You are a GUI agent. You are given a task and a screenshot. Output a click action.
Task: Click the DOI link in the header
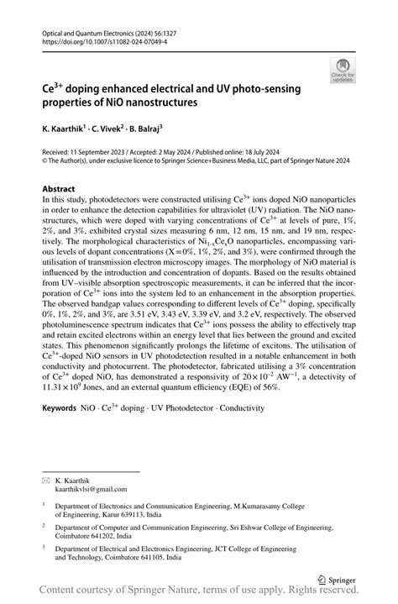97,39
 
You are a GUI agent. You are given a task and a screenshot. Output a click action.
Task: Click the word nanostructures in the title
149,102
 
